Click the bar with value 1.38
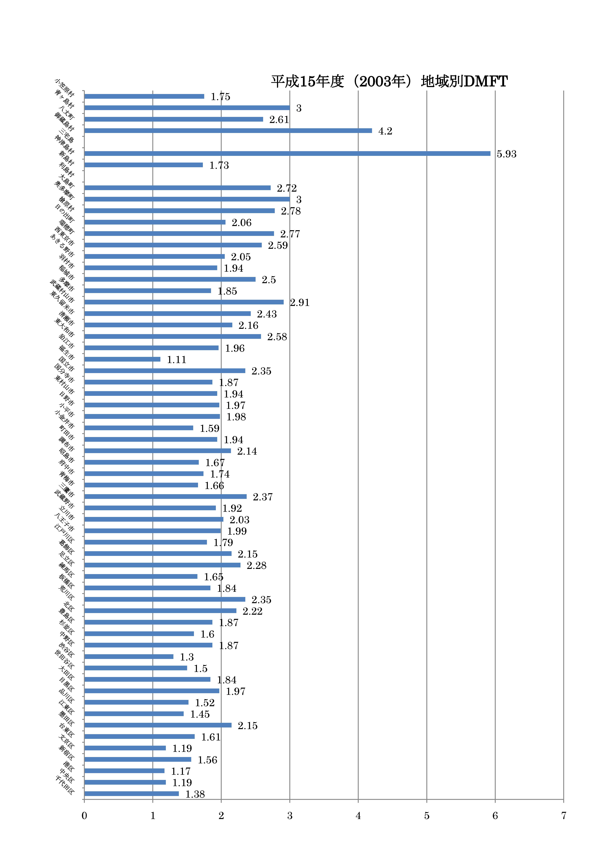coord(132,794)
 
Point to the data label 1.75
coord(220,97)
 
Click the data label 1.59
coord(210,428)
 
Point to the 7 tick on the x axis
coord(563,815)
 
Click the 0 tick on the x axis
coord(84,815)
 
